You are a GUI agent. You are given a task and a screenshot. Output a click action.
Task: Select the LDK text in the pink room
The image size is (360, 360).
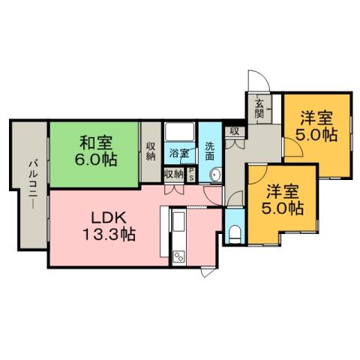point(107,217)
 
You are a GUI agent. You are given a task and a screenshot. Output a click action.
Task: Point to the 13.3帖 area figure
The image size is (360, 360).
point(107,234)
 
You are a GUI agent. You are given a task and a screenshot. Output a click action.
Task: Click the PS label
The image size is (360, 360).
point(192,175)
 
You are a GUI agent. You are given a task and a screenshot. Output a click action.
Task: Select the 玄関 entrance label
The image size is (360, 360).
point(259,108)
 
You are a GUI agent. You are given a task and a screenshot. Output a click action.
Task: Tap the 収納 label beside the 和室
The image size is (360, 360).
point(151,151)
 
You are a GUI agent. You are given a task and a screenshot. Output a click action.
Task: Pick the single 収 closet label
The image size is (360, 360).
point(234,131)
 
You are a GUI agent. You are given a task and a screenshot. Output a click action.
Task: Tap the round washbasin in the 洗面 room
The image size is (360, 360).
point(214,175)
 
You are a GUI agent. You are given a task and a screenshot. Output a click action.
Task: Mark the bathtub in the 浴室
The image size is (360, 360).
point(179,133)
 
